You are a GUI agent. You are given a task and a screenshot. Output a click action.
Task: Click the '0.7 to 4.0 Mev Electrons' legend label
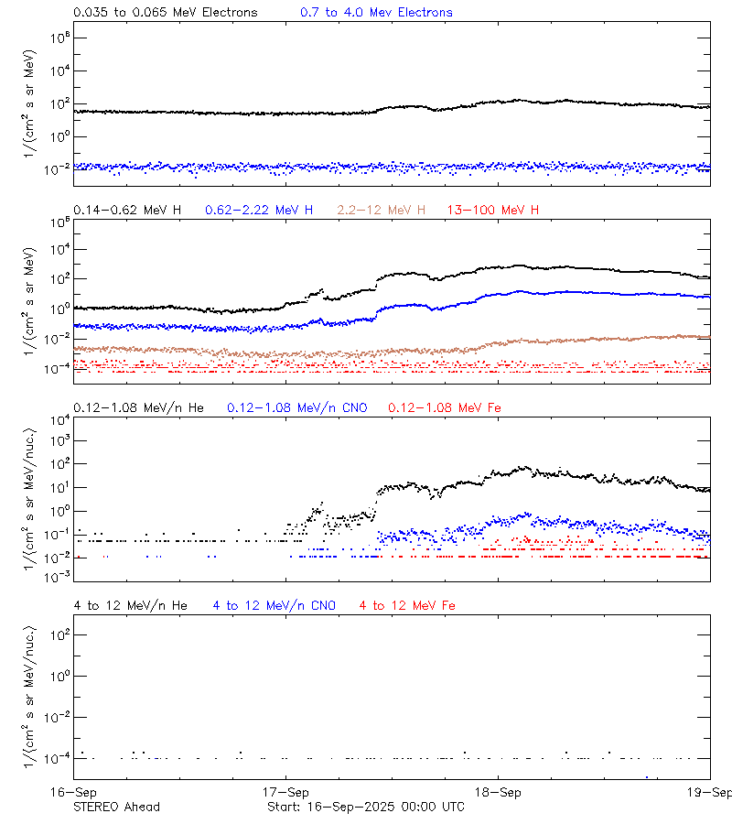[x=376, y=13]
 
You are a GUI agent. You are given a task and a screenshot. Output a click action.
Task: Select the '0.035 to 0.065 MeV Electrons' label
[x=166, y=13]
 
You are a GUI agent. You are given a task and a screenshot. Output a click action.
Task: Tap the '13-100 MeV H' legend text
[x=493, y=211]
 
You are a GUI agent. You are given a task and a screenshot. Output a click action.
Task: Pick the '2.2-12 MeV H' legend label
[x=382, y=211]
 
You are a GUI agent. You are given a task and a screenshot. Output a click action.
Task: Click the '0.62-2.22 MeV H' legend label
[x=259, y=211]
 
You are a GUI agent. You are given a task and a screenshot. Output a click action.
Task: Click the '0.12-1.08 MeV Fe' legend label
[x=445, y=407]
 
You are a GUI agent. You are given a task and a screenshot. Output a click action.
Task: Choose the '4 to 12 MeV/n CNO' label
[x=274, y=605]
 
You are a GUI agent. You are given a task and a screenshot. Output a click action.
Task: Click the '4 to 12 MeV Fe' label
[x=407, y=605]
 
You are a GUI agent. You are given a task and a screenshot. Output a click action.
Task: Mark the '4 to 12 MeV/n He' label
[x=130, y=605]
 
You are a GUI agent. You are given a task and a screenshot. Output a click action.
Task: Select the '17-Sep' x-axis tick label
[x=285, y=792]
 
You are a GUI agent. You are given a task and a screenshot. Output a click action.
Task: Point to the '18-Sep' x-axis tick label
[x=499, y=792]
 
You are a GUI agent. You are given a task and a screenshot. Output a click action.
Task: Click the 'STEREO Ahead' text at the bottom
[x=116, y=807]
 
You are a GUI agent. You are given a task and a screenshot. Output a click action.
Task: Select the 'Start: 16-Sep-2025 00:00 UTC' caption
[x=365, y=807]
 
